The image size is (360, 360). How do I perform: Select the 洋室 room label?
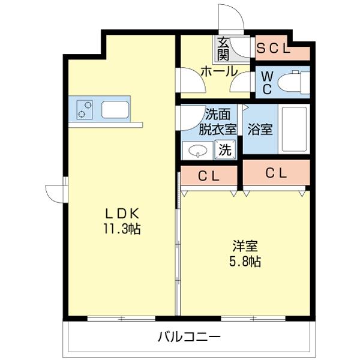tap(246, 246)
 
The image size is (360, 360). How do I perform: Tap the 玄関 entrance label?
tap(223, 49)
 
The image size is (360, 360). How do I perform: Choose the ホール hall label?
tap(218, 71)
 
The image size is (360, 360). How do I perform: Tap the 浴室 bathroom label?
tap(262, 129)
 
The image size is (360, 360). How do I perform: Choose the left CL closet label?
tap(208, 176)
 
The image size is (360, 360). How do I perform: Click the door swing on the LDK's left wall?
tap(55, 193)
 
